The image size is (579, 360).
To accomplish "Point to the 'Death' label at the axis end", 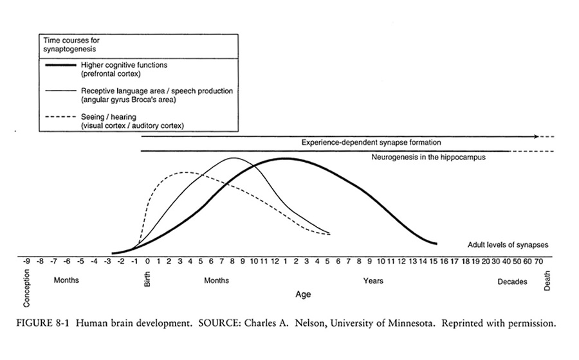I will pyautogui.click(x=547, y=279).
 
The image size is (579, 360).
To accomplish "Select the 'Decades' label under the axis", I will pyautogui.click(x=513, y=281).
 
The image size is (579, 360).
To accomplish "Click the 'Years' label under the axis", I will pyautogui.click(x=373, y=281).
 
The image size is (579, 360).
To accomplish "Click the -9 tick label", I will pyautogui.click(x=26, y=262).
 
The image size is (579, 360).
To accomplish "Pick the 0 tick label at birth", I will pyautogui.click(x=147, y=262).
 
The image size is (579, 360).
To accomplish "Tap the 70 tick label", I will pyautogui.click(x=538, y=262).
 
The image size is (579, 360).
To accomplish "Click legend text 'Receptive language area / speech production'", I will pyautogui.click(x=156, y=91).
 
